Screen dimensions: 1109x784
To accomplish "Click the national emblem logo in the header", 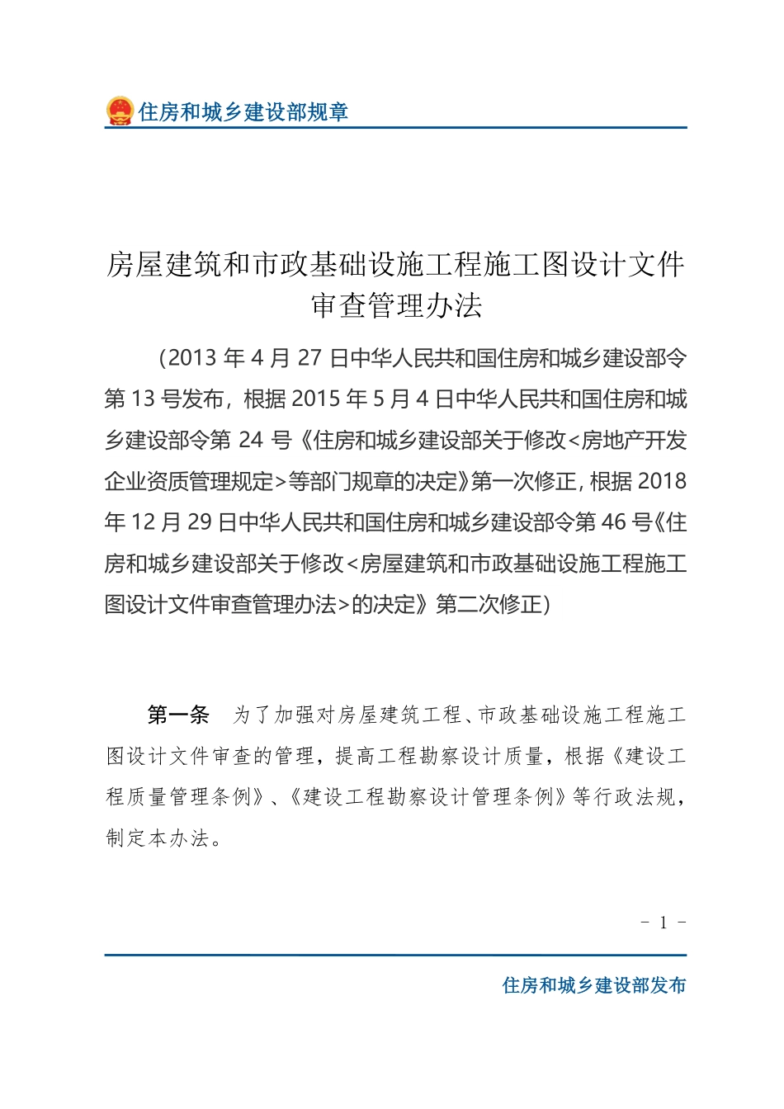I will tap(120, 111).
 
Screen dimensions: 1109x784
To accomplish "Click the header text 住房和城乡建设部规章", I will tap(243, 112).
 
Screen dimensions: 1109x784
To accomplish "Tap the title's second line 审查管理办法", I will tap(396, 306).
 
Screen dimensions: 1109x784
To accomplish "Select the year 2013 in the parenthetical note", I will tap(193, 358).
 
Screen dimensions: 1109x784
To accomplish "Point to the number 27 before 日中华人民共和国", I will tap(309, 358).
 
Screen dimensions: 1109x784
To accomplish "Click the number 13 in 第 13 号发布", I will tap(143, 399).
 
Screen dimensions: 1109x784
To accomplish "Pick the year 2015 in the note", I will tap(317, 399).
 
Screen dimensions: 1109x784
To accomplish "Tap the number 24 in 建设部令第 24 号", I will tap(251, 441).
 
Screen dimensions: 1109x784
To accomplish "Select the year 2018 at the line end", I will tap(662, 482).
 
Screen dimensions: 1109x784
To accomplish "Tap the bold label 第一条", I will tap(178, 715).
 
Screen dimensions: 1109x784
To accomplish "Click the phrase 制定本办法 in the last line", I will tap(158, 838).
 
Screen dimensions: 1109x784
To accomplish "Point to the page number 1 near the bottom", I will tap(664, 923).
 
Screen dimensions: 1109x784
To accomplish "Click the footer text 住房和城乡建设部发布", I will tap(594, 985).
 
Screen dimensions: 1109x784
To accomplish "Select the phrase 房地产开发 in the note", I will tap(635, 441).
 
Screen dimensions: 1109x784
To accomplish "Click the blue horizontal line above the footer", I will tap(395, 955).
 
